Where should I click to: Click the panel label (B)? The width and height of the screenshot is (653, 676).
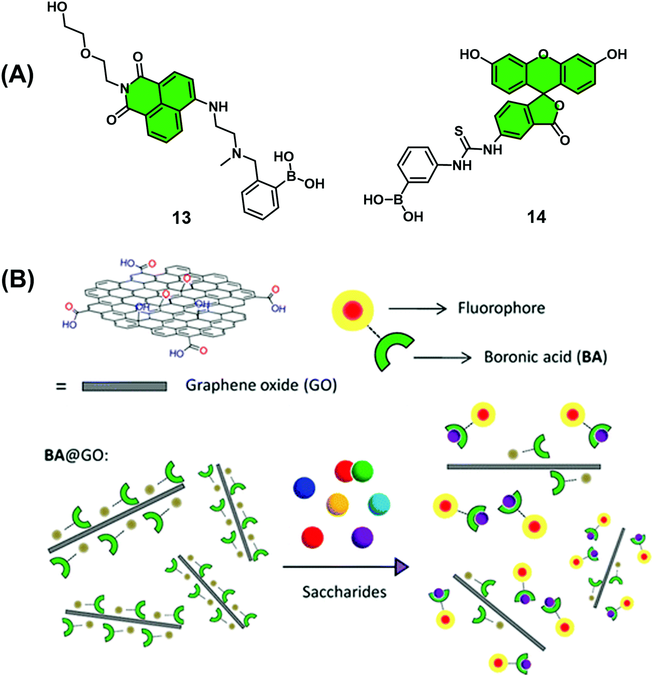(17, 280)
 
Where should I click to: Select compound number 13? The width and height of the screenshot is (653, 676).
(181, 217)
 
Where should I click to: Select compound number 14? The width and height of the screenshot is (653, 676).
(536, 217)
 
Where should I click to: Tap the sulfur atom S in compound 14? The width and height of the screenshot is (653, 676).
(459, 132)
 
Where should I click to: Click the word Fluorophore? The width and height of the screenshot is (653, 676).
(501, 308)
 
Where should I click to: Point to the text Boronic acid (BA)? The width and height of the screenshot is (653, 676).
(545, 357)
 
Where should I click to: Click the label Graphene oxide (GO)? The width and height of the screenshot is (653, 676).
(261, 385)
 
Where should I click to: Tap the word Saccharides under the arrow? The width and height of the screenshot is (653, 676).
(344, 592)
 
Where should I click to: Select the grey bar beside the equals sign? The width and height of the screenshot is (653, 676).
(125, 386)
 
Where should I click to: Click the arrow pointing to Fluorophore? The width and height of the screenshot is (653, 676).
(418, 308)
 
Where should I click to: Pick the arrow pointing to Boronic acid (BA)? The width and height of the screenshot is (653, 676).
(443, 357)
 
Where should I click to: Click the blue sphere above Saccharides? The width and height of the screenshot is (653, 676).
(304, 487)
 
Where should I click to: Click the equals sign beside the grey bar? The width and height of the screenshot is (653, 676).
(61, 386)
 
